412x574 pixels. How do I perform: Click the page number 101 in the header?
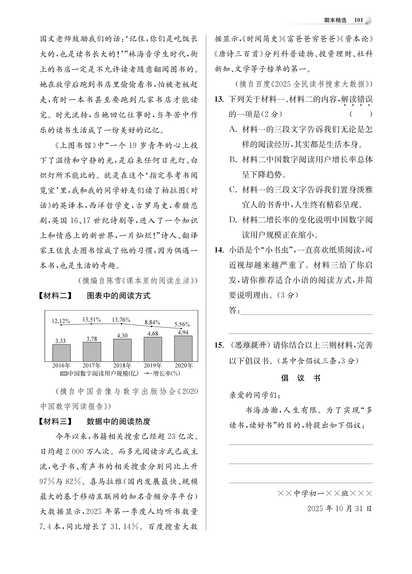[358, 20]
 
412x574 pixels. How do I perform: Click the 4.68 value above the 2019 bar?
[153, 334]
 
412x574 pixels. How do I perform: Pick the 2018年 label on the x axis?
[122, 365]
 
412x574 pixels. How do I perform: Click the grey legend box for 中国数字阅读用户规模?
[64, 374]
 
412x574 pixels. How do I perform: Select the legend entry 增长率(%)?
[162, 374]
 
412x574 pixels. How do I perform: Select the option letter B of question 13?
[233, 160]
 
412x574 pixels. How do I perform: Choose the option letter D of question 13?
[233, 220]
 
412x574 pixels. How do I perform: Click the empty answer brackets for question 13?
[361, 114]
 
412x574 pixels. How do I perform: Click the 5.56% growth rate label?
[182, 324]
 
